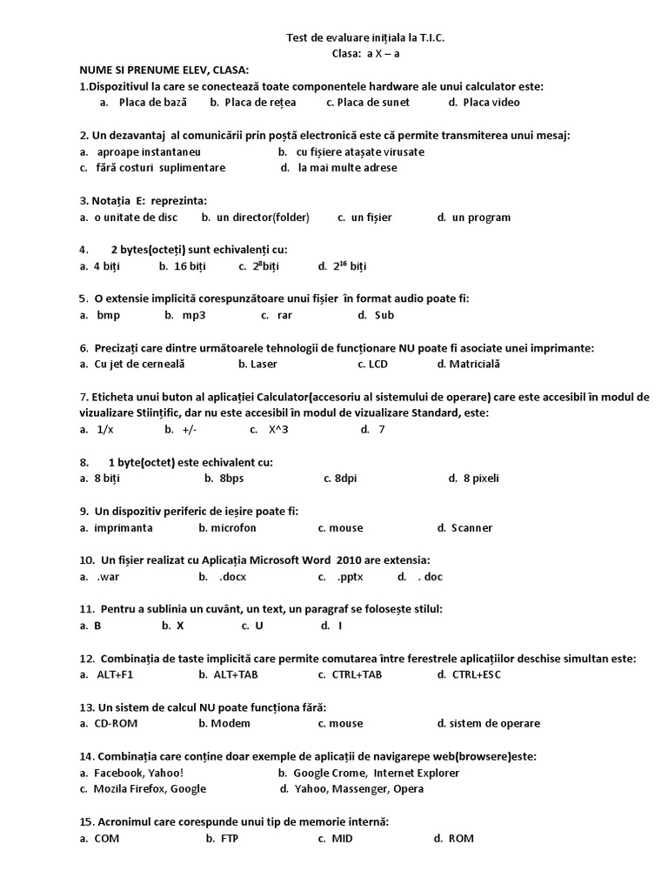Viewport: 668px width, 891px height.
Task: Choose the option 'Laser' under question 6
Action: click(257, 364)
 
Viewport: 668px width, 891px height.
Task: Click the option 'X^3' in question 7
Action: click(278, 429)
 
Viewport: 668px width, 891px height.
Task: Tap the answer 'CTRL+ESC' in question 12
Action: click(477, 674)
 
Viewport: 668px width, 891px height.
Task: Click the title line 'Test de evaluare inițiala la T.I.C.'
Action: click(371, 37)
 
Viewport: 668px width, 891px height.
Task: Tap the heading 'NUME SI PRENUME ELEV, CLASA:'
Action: click(164, 70)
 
